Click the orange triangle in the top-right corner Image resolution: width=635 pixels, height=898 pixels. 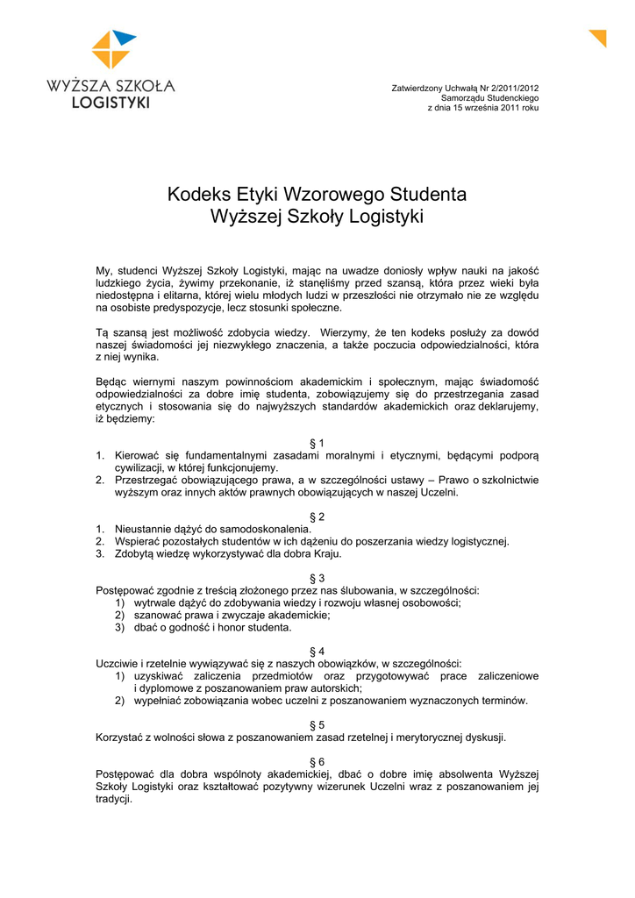tap(600, 37)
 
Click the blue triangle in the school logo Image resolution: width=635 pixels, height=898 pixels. tap(124, 38)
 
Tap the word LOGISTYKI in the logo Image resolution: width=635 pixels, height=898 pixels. tap(111, 103)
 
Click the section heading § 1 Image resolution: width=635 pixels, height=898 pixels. tap(317, 443)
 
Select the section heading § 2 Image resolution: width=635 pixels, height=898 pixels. tap(317, 517)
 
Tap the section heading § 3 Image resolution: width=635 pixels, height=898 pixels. tap(317, 578)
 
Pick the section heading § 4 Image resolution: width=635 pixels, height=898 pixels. tap(317, 652)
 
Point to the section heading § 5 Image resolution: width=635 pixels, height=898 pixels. tap(317, 725)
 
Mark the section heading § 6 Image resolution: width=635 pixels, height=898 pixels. tap(317, 762)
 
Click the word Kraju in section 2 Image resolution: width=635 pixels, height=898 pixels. tap(325, 554)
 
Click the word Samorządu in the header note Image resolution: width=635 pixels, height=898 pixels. tap(467, 97)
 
